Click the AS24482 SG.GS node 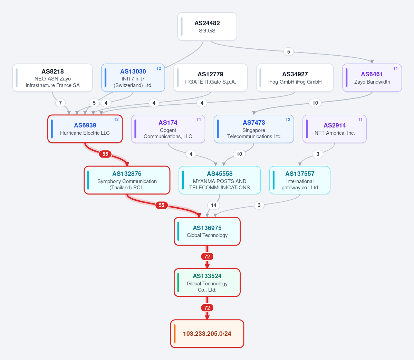coord(207,26)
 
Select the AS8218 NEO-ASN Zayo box coord(52,78)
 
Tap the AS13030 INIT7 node coord(133,78)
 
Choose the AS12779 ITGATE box coord(210,78)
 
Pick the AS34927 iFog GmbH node coord(295,78)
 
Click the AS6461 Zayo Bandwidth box coord(372,78)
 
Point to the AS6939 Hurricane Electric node coord(85,129)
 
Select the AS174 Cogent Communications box coord(168,129)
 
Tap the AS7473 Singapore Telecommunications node coord(254,129)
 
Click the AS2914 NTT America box coord(335,129)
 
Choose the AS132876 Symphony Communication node coord(127,180)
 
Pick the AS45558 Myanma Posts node coord(220,180)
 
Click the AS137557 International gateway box coord(300,180)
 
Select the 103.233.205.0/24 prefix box coord(207,334)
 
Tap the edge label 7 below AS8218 coord(60,103)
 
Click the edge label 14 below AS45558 coord(214,205)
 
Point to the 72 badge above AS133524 coord(207,256)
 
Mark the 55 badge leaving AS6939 coord(105,154)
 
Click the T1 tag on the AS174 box coord(199,120)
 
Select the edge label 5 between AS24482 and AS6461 coord(289,51)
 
